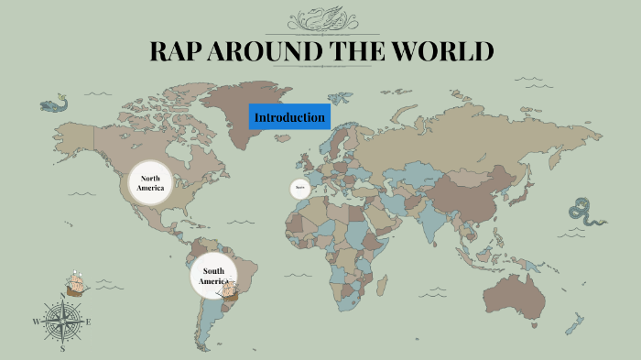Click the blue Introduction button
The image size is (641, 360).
(289, 117)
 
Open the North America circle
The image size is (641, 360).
(151, 182)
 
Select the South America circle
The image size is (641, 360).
(213, 276)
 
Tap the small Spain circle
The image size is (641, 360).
(299, 189)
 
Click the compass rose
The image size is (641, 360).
(63, 322)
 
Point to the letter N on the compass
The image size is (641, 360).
(63, 295)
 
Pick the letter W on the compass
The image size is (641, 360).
(37, 322)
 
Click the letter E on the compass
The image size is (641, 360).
(89, 322)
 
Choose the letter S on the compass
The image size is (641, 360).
(63, 349)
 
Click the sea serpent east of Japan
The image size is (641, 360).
(586, 212)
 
